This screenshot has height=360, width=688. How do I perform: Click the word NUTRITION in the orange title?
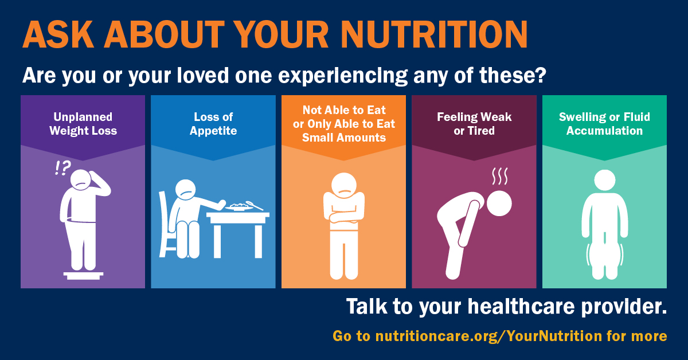pyautogui.click(x=434, y=34)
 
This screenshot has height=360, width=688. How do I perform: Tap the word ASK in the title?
pyautogui.click(x=58, y=34)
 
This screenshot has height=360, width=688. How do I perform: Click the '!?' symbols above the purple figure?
pyautogui.click(x=62, y=168)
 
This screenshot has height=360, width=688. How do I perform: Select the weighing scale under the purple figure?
pyautogui.click(x=83, y=276)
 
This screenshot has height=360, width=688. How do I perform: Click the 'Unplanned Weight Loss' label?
pyautogui.click(x=83, y=124)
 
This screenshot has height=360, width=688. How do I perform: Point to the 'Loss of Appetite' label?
pyautogui.click(x=213, y=124)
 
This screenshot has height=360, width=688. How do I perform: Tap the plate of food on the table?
pyautogui.click(x=240, y=207)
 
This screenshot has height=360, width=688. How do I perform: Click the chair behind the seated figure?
pyautogui.click(x=166, y=224)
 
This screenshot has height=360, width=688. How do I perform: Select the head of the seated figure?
pyautogui.click(x=186, y=190)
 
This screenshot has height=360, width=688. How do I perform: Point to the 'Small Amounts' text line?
pyautogui.click(x=343, y=138)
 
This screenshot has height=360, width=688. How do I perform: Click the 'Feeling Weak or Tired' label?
pyautogui.click(x=474, y=124)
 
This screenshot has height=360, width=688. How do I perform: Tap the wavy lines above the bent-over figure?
pyautogui.click(x=500, y=176)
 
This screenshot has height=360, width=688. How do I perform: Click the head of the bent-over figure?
pyautogui.click(x=499, y=204)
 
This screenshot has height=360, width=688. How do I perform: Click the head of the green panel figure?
pyautogui.click(x=604, y=181)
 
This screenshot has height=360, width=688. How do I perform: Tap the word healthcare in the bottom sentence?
pyautogui.click(x=521, y=307)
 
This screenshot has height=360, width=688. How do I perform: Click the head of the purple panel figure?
pyautogui.click(x=80, y=179)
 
